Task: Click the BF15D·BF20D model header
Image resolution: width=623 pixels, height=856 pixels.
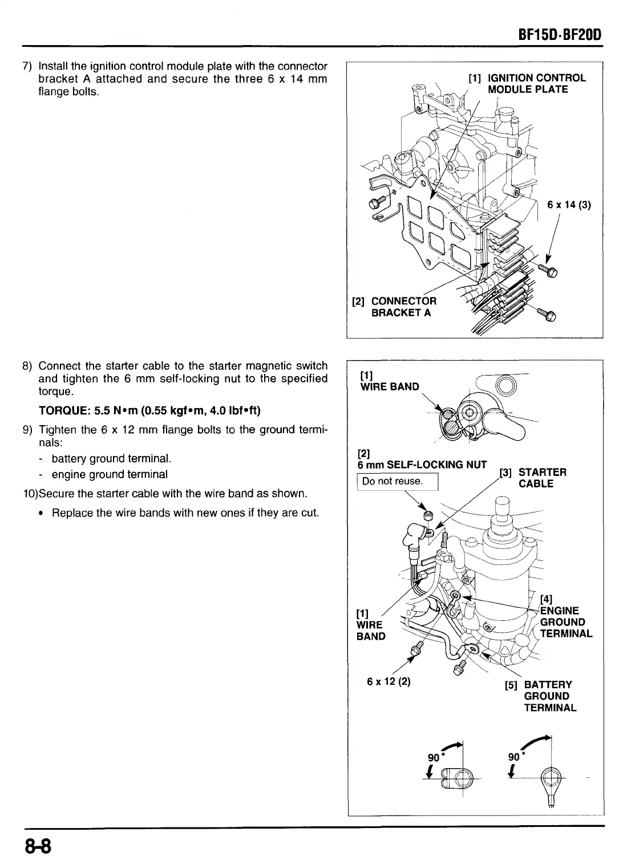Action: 557,37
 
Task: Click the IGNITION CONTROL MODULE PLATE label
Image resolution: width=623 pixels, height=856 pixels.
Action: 528,83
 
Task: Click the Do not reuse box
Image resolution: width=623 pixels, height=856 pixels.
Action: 397,481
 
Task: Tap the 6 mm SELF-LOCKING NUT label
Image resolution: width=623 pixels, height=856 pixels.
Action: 422,465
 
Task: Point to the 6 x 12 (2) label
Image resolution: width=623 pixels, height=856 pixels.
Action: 390,681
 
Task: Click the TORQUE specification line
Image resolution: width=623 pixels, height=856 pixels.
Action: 150,411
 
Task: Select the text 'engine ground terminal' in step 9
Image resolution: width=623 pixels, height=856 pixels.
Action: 110,474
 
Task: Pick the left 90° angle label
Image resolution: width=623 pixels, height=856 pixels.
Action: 435,758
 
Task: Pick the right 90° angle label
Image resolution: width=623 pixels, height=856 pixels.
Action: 515,757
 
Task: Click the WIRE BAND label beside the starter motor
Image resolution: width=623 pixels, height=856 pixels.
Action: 370,625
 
